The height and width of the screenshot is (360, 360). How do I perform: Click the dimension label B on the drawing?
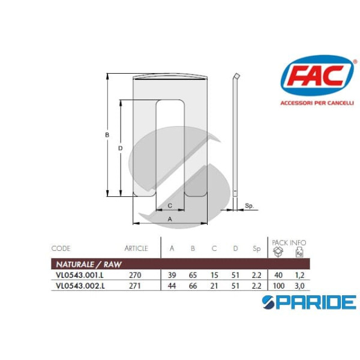[x=107, y=136]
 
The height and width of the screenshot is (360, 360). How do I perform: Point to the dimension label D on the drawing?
[x=121, y=148]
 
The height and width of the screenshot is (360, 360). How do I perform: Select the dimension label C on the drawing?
[x=170, y=205]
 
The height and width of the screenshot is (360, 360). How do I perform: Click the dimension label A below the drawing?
[x=170, y=220]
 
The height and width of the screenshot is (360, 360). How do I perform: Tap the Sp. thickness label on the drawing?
[x=250, y=206]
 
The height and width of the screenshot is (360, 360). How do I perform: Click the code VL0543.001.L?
[x=80, y=276]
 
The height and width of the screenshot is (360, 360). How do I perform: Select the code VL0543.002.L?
[x=80, y=286]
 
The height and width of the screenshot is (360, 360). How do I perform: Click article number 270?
[x=134, y=276]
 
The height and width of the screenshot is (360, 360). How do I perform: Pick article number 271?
[x=134, y=286]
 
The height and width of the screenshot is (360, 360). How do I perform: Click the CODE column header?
[x=61, y=248]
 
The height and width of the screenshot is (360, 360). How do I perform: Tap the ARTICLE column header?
[x=136, y=248]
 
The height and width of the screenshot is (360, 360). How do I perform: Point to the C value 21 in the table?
[x=215, y=286]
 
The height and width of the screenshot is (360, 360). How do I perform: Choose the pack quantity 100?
[x=278, y=286]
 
